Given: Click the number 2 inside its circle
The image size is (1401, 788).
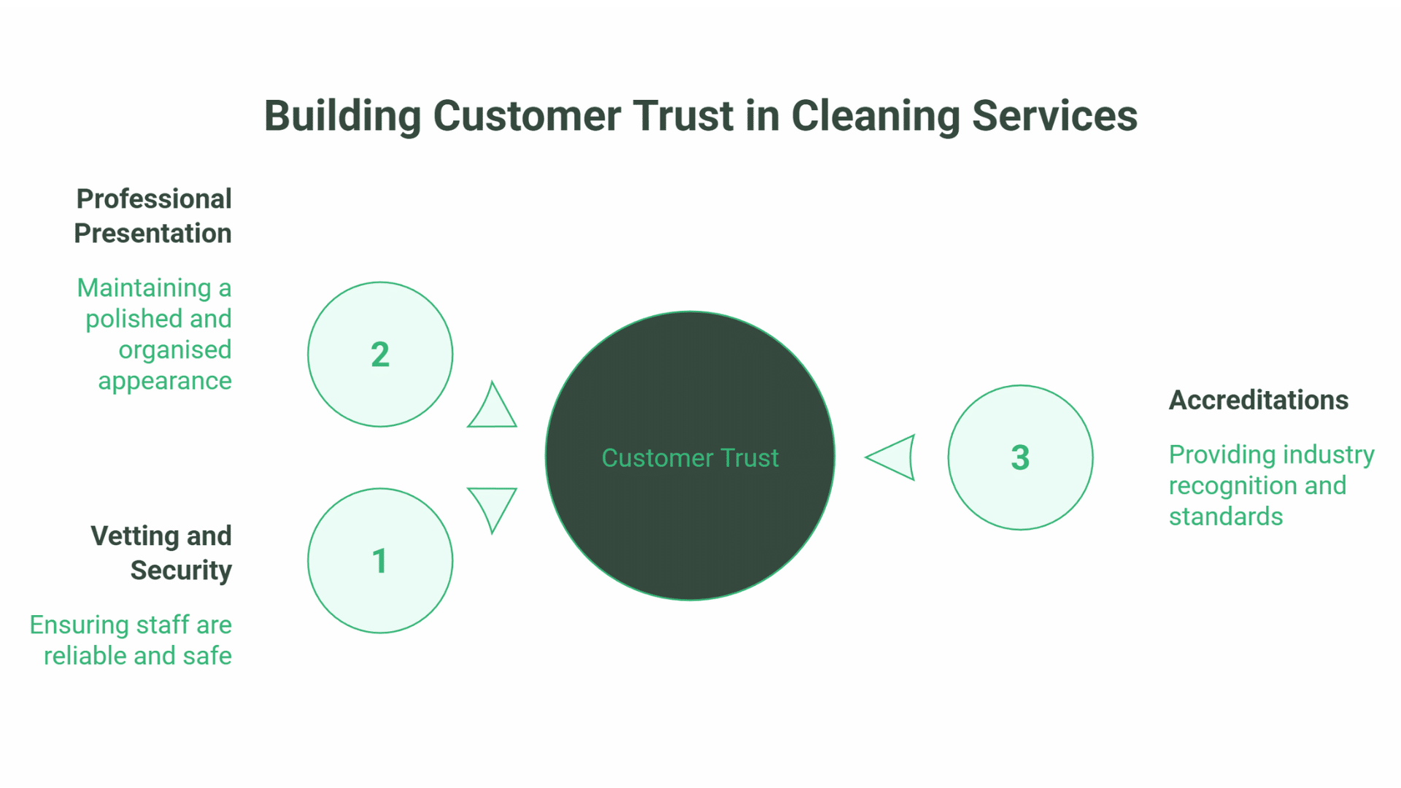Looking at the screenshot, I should click(x=379, y=355).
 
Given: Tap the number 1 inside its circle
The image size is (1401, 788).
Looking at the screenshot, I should click(x=379, y=561).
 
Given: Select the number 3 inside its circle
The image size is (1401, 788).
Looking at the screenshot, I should click(x=1019, y=458).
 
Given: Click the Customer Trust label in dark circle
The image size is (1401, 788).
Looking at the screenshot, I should click(x=690, y=458).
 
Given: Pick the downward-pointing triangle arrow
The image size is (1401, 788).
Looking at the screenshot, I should click(x=493, y=506).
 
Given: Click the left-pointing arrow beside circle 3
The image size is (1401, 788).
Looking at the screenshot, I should click(x=894, y=457).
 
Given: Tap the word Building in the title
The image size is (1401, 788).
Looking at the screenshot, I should click(x=342, y=116).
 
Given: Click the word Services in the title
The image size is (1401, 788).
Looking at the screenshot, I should click(x=1054, y=116).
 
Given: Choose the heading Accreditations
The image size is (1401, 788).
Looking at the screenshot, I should click(x=1258, y=400).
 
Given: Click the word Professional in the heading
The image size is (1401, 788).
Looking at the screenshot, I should click(x=154, y=199).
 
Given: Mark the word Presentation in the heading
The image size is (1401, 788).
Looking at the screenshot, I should click(x=153, y=233).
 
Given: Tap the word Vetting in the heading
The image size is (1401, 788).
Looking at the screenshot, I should click(x=134, y=536).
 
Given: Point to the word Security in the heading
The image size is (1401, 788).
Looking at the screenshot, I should click(x=181, y=571).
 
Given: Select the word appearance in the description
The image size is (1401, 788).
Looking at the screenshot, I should click(x=165, y=381).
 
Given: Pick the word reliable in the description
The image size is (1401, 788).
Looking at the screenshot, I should click(x=86, y=656).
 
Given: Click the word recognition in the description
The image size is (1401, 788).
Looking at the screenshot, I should click(x=1232, y=486).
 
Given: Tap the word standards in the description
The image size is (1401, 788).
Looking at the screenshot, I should click(x=1225, y=517).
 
